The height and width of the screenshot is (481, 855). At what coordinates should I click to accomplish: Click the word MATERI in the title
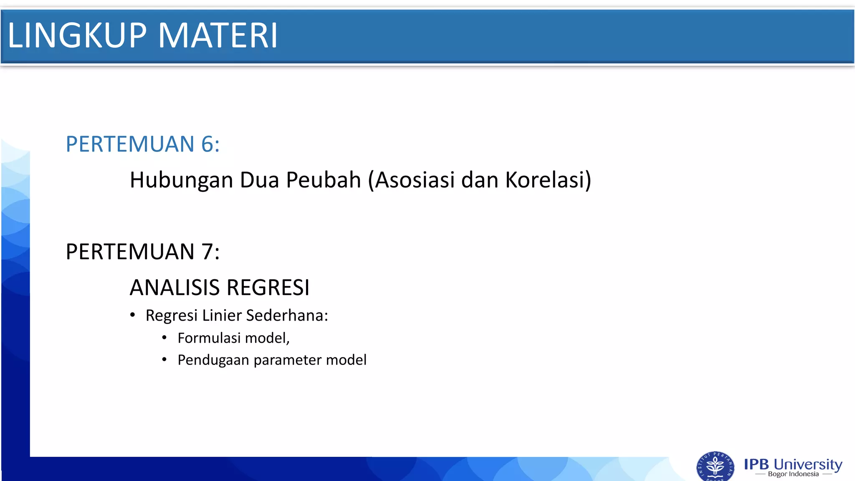click(218, 35)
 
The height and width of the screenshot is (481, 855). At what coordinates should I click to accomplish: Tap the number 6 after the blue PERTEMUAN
click(207, 144)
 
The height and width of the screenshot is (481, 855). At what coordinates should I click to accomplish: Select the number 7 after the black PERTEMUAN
click(207, 252)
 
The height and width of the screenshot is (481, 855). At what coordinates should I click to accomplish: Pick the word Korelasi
click(546, 180)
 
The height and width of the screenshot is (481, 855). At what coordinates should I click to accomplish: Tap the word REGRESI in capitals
click(268, 288)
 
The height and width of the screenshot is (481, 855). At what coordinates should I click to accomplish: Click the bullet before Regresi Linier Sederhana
click(132, 315)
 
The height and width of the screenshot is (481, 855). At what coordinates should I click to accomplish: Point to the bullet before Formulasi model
click(164, 337)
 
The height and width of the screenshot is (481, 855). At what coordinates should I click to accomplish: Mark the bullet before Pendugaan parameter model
click(164, 359)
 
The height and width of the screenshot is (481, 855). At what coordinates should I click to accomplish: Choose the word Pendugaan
click(213, 360)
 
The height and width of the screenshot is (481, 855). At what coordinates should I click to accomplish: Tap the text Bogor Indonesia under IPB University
click(793, 474)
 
